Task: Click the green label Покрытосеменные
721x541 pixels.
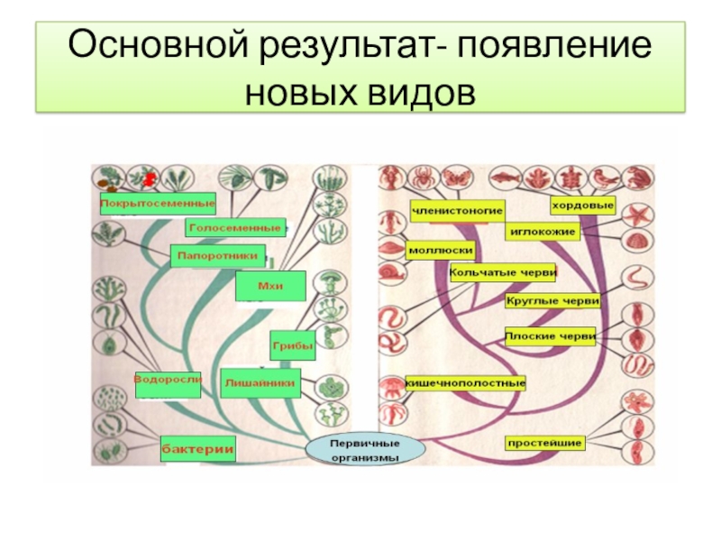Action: pos(158,203)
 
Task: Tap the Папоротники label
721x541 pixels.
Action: pos(219,256)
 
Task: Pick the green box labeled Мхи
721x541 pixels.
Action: pos(270,286)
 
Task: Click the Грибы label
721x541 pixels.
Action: pos(292,344)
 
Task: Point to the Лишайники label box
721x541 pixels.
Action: pos(259,381)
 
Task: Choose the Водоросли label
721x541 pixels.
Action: pos(167,380)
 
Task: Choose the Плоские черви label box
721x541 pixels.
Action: pos(550,336)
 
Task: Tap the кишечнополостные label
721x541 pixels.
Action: pos(465,383)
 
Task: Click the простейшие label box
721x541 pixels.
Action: pos(544,443)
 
